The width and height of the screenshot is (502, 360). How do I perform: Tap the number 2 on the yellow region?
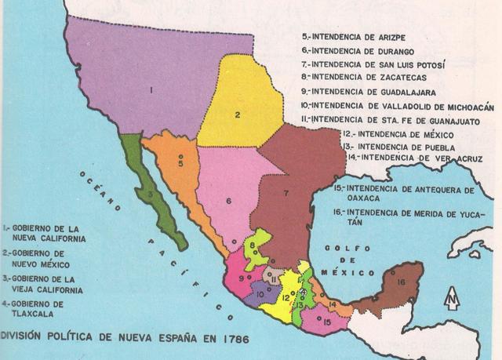click(x=236, y=116)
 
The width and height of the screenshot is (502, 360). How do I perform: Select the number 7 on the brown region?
click(x=287, y=191)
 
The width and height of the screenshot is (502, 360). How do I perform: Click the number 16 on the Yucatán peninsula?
click(x=402, y=282)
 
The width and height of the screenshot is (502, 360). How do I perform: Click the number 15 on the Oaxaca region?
click(x=326, y=321)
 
